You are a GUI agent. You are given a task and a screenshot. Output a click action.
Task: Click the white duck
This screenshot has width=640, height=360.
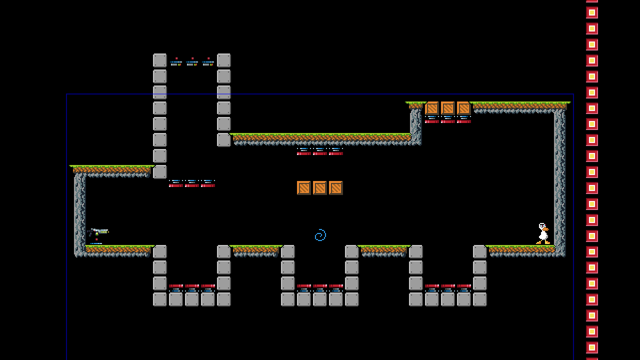click(x=542, y=233)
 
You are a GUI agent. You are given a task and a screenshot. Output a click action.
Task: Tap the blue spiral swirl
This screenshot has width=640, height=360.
click(x=320, y=235)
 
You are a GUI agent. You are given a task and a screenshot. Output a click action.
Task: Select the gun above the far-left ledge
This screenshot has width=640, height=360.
click(x=98, y=231)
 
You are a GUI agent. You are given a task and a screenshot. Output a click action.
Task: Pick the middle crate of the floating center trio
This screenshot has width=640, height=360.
click(x=320, y=188)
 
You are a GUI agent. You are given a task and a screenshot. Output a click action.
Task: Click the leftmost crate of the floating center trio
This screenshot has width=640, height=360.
click(x=304, y=188)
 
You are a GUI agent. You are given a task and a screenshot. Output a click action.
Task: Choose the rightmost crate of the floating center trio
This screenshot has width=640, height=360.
click(x=336, y=188)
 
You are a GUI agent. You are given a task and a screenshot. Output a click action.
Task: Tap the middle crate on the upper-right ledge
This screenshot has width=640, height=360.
click(x=448, y=108)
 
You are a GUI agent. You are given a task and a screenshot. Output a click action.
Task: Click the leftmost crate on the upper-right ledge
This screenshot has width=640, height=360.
click(x=432, y=108)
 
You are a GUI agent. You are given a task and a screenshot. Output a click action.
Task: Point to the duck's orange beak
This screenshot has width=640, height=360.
click(x=547, y=229)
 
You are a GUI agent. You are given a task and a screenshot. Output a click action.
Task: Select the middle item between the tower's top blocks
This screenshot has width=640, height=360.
click(x=192, y=62)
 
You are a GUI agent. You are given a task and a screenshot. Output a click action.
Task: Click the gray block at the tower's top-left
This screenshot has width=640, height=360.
click(x=160, y=60)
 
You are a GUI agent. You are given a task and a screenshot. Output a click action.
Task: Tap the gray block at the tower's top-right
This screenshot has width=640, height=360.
click(x=224, y=60)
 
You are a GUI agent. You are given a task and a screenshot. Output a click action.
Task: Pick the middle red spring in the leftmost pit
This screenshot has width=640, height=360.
click(x=192, y=287)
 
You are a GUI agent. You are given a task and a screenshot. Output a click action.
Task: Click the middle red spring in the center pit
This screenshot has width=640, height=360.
click(x=320, y=287)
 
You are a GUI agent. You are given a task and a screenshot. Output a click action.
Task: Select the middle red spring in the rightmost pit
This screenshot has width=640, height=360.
click(x=448, y=287)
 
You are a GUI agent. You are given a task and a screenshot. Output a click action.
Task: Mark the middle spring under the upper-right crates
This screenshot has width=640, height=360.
click(x=448, y=119)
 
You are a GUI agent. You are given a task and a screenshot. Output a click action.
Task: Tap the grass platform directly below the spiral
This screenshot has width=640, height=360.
click(x=256, y=249)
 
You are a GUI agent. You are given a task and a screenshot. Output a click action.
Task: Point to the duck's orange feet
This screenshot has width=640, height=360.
click(x=543, y=242)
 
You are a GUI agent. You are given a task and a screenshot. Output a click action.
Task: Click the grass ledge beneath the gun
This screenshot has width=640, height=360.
click(x=117, y=249)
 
